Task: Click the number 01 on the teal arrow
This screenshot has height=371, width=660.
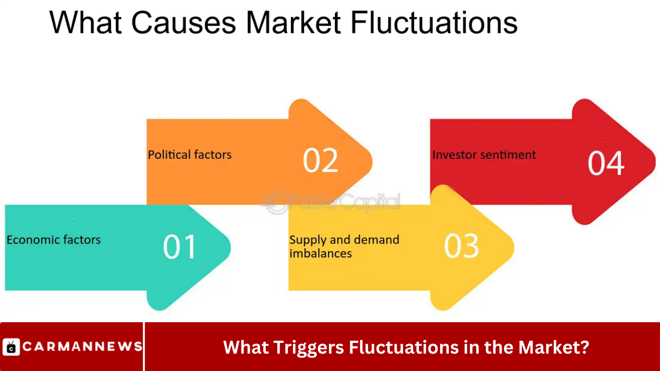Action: pyautogui.click(x=180, y=247)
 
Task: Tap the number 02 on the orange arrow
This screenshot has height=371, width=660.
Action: pyautogui.click(x=320, y=160)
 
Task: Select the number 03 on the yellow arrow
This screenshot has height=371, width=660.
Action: pyautogui.click(x=461, y=245)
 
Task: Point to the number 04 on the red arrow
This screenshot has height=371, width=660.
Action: pyautogui.click(x=606, y=163)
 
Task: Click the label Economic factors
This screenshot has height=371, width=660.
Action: pyautogui.click(x=54, y=240)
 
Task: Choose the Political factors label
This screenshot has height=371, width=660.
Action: pyautogui.click(x=190, y=155)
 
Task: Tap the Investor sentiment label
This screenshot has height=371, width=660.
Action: pyautogui.click(x=484, y=155)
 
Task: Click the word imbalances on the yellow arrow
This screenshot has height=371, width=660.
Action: pyautogui.click(x=320, y=254)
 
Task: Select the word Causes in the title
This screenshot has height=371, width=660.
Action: pyautogui.click(x=183, y=23)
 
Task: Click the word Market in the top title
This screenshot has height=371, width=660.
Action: pyautogui.click(x=293, y=23)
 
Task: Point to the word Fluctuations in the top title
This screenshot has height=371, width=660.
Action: pyautogui.click(x=434, y=23)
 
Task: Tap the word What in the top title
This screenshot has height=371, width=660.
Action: pyautogui.click(x=86, y=23)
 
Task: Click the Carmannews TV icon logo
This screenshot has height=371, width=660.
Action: pyautogui.click(x=11, y=347)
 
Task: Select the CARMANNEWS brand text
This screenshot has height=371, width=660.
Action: pyautogui.click(x=83, y=346)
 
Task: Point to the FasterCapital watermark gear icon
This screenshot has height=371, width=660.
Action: pyautogui.click(x=276, y=202)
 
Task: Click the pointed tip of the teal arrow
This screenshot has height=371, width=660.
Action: pyautogui.click(x=230, y=247)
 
